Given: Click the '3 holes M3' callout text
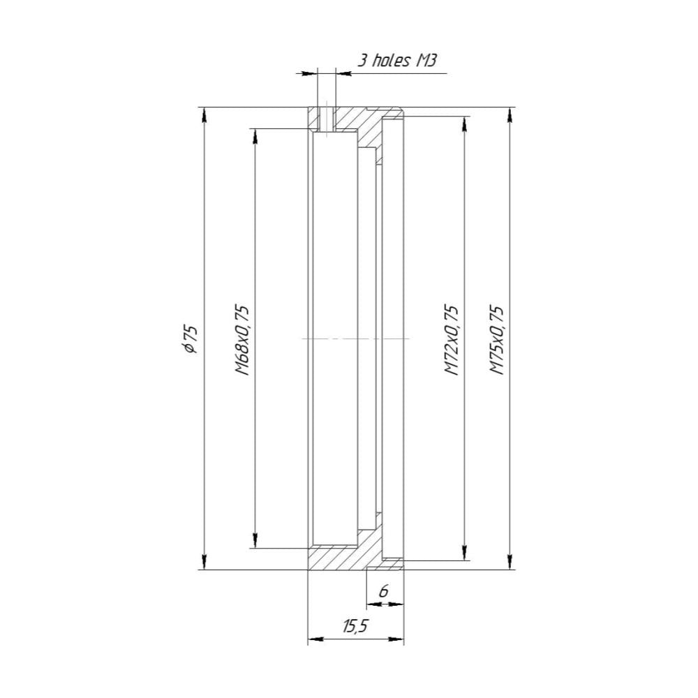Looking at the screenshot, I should (x=397, y=60).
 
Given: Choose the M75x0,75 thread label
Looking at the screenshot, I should (x=496, y=339).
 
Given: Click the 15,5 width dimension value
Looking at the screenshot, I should (x=355, y=626).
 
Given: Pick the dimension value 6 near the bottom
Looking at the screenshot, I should (x=383, y=591).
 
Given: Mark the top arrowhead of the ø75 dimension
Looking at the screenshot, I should (x=204, y=114).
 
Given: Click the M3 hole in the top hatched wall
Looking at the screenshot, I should (x=325, y=119).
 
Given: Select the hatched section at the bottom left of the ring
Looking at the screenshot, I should (x=334, y=558).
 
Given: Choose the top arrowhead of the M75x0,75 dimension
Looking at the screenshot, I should (x=511, y=114).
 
